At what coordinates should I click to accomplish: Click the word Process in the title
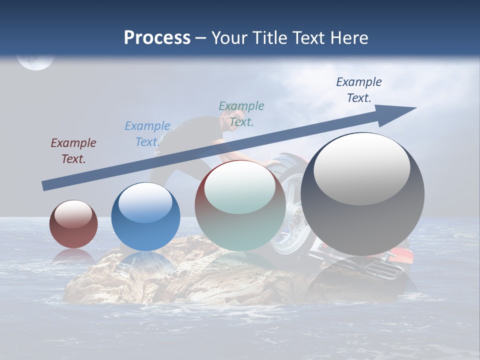pyautogui.click(x=157, y=38)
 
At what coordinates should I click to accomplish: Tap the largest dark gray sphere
pyautogui.click(x=362, y=195)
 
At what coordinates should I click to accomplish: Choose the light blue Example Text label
pyautogui.click(x=147, y=134)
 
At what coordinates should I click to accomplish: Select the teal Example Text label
pyautogui.click(x=241, y=114)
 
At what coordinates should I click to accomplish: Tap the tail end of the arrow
pyautogui.click(x=44, y=186)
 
